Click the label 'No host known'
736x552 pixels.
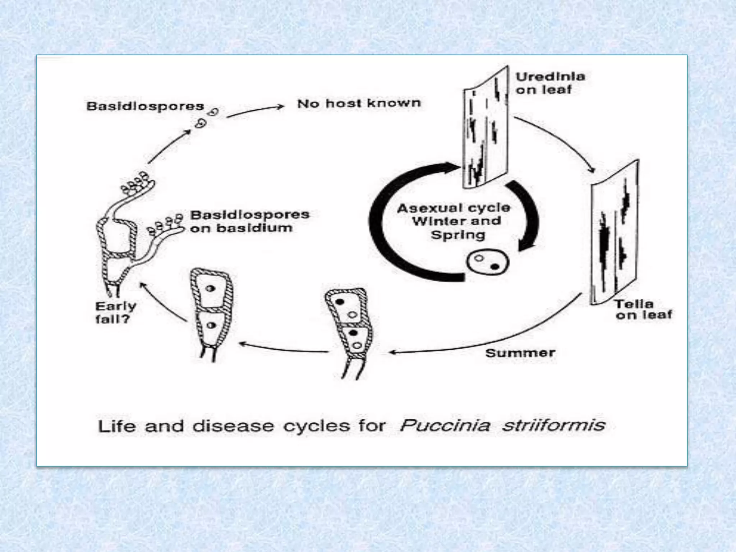pyautogui.click(x=359, y=103)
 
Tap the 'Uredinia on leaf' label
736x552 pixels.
pyautogui.click(x=550, y=83)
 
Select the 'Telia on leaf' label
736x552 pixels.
pyautogui.click(x=643, y=309)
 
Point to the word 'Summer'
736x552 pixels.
pyautogui.click(x=520, y=353)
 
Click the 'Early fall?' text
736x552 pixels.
pyautogui.click(x=115, y=312)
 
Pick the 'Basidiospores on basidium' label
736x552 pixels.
pyautogui.click(x=249, y=221)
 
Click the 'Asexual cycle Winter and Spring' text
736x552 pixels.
pyautogui.click(x=454, y=221)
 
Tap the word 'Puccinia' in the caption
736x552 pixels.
pyautogui.click(x=445, y=425)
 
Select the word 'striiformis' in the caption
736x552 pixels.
pyautogui.click(x=553, y=425)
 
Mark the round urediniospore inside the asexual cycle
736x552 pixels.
pyautogui.click(x=487, y=262)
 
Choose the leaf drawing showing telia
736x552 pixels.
pyautogui.click(x=615, y=234)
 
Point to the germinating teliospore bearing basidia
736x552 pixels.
pyautogui.click(x=119, y=244)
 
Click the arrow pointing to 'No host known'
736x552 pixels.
pyautogui.click(x=255, y=111)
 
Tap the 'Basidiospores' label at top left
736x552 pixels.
pyautogui.click(x=145, y=106)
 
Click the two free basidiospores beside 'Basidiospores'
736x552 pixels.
pyautogui.click(x=207, y=118)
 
